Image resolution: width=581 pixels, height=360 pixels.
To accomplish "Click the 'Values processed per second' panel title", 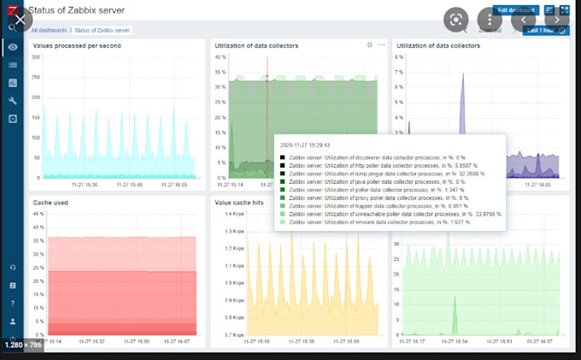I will (x=76, y=44).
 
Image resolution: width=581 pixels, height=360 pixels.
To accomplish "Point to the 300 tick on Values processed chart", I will (x=36, y=57).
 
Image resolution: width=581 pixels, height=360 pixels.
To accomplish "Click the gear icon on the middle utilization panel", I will (x=369, y=44).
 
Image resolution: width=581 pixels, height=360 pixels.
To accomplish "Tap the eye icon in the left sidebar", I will (x=12, y=47).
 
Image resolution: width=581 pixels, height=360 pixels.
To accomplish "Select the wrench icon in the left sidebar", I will (x=12, y=100).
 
